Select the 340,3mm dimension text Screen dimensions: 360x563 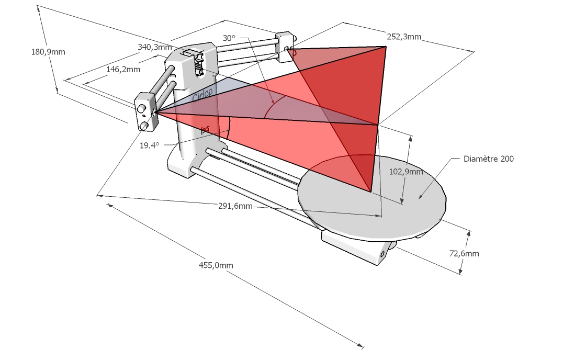pyautogui.click(x=154, y=47)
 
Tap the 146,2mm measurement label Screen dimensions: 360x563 pyautogui.click(x=123, y=69)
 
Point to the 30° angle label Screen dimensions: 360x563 pyautogui.click(x=229, y=38)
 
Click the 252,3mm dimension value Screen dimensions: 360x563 pyautogui.click(x=404, y=37)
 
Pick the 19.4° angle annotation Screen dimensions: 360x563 pyautogui.click(x=149, y=145)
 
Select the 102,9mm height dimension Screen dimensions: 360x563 pyautogui.click(x=407, y=172)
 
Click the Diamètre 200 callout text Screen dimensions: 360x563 pyautogui.click(x=489, y=159)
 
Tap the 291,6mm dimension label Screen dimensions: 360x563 pyautogui.click(x=235, y=206)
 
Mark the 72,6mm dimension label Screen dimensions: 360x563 pyautogui.click(x=464, y=254)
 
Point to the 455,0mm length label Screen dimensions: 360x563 pyautogui.click(x=216, y=265)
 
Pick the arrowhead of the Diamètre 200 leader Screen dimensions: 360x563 pyautogui.click(x=420, y=197)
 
